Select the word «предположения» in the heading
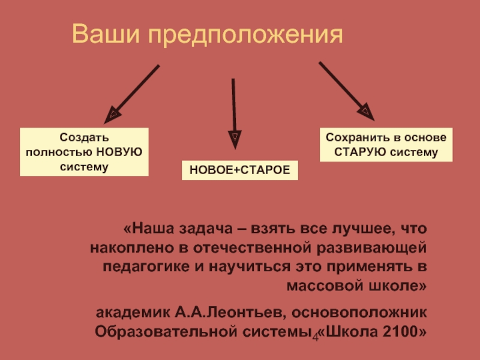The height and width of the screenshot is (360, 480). (x=245, y=35)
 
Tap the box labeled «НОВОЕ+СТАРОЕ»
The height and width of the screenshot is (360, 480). (x=239, y=170)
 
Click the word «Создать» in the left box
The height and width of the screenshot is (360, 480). (x=84, y=137)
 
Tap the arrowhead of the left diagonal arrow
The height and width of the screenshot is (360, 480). (x=112, y=115)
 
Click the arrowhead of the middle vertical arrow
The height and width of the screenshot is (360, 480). (x=235, y=139)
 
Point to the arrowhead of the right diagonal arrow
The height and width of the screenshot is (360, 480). (x=366, y=112)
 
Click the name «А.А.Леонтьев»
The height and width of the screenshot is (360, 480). (x=230, y=313)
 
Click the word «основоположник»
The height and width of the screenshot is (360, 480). (x=359, y=313)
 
